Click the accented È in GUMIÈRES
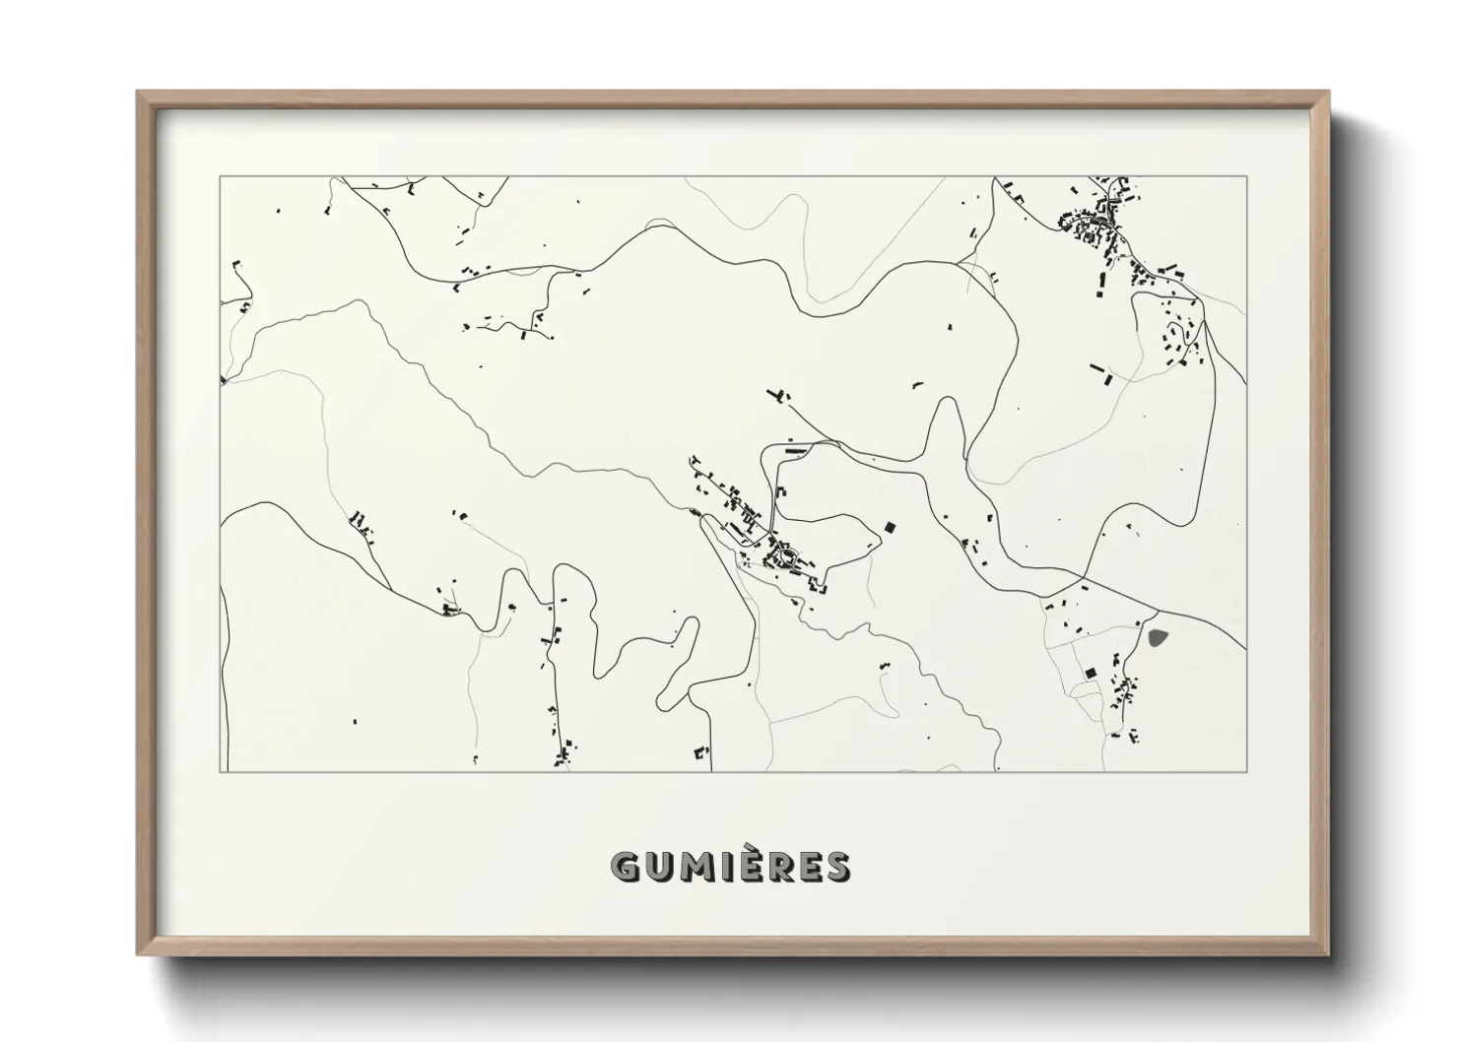tap(751, 867)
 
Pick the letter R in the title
tap(780, 867)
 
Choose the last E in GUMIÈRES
tap(810, 867)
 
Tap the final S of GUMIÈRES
tap(837, 867)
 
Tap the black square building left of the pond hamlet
tap(1090, 673)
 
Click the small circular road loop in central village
tap(785, 558)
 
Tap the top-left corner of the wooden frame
tap(138, 93)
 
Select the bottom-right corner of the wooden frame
tap(1329, 954)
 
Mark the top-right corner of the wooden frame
tap(1329, 93)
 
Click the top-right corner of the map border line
tap(1246, 177)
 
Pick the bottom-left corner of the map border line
tap(221, 771)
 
